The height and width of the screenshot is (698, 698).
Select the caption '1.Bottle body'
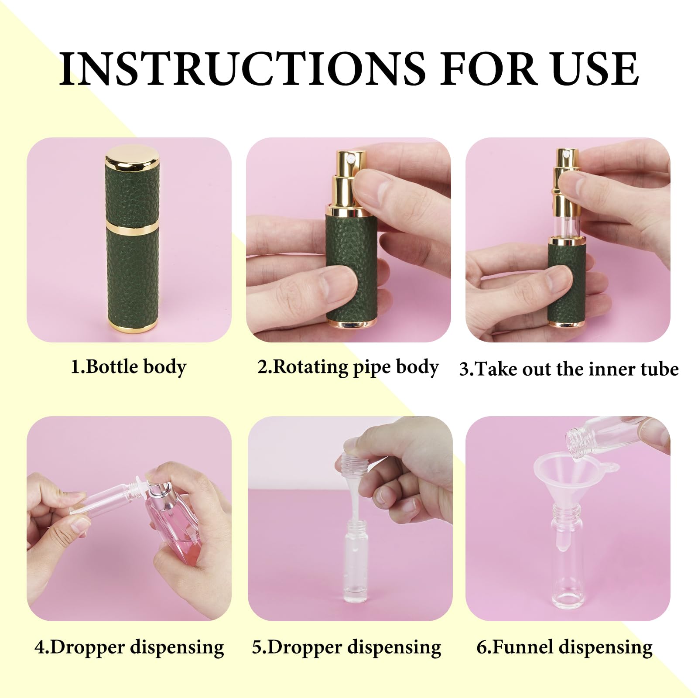point(129,367)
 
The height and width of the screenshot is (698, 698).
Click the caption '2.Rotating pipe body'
point(348,367)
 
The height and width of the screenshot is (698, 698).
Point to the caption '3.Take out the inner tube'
point(569,369)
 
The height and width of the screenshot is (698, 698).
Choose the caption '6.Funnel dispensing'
point(565,647)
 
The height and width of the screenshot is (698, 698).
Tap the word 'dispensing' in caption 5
point(394,647)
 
